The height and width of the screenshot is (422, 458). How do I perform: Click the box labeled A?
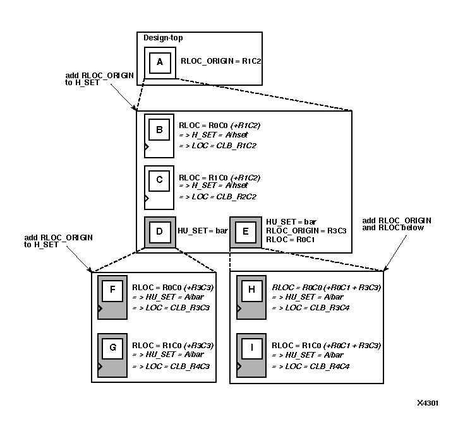click(x=159, y=62)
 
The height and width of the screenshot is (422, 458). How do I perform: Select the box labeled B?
click(x=159, y=131)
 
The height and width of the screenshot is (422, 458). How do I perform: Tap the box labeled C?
click(x=159, y=180)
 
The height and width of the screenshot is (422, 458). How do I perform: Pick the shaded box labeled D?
click(x=159, y=231)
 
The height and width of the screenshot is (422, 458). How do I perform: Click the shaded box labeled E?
click(x=245, y=232)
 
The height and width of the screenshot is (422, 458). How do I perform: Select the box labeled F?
click(x=112, y=292)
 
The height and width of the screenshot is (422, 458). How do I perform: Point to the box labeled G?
click(x=112, y=348)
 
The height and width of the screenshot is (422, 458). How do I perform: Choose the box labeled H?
click(x=251, y=292)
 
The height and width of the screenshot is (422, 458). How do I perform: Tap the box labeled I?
click(x=251, y=348)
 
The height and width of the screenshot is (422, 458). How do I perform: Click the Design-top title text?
click(x=163, y=37)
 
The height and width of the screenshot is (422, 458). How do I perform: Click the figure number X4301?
click(x=428, y=404)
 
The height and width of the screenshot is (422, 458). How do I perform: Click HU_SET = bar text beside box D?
click(x=202, y=231)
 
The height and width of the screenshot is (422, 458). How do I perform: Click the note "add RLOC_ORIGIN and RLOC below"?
click(x=397, y=224)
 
